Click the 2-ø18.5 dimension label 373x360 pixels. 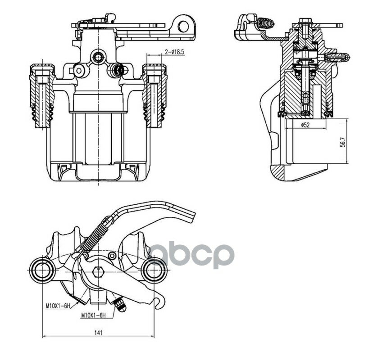pos(175,52)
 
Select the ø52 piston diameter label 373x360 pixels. pos(305,125)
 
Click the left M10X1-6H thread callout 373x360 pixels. pos(58,306)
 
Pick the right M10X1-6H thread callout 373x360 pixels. pos(93,315)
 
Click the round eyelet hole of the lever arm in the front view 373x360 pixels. pos(183,26)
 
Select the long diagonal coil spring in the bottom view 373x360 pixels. pos(94,235)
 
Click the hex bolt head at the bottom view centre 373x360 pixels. pos(98,272)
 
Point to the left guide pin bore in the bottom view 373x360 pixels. pos(42,270)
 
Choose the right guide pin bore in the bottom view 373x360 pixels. pos(155,270)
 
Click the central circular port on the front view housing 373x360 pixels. pos(98,57)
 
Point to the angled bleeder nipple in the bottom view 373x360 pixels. pos(120,305)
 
